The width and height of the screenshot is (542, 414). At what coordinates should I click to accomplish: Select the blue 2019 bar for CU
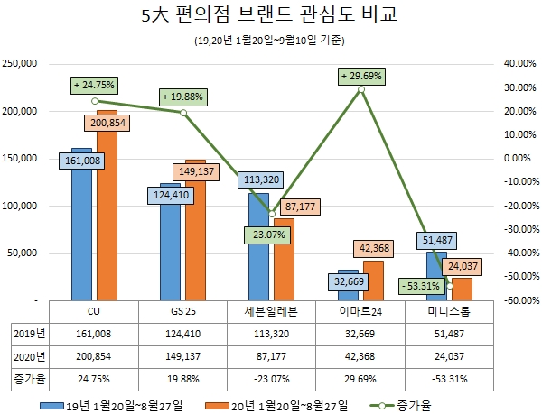(x=81, y=235)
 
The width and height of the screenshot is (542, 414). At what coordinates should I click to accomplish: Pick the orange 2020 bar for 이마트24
(x=373, y=280)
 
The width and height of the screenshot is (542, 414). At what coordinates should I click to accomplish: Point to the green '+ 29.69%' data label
(x=361, y=76)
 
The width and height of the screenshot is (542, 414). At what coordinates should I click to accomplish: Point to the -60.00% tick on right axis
(x=517, y=300)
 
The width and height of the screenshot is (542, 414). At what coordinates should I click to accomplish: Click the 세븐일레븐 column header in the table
(x=270, y=311)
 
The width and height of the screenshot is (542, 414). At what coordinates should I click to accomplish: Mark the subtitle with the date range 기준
(x=270, y=41)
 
